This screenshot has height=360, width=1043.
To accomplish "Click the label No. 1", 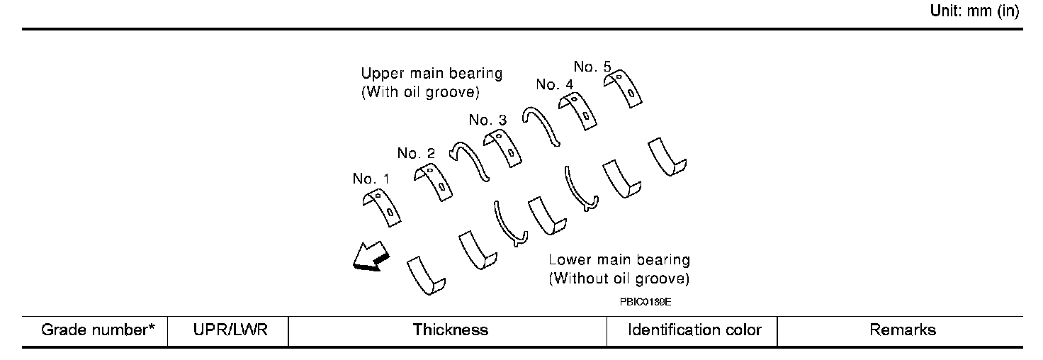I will coord(371,179).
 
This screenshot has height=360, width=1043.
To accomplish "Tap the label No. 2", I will coord(416,152).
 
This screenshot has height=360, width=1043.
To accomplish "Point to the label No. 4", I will coord(555,84).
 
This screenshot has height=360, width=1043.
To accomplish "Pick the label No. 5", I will coord(592,67).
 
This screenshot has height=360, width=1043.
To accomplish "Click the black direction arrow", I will coord(370,257).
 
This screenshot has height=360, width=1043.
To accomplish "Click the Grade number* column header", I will coord(98,330).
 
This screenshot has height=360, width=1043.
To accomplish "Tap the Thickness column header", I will coord(451,330).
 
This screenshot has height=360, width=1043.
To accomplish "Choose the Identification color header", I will coord(694,330).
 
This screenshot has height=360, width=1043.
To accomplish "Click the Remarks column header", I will coord(903,330).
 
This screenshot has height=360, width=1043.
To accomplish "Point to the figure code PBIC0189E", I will coord(645,300).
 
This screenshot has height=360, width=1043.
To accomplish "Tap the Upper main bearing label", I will coord(432,73).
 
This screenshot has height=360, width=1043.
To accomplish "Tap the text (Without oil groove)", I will coord(619,278).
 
